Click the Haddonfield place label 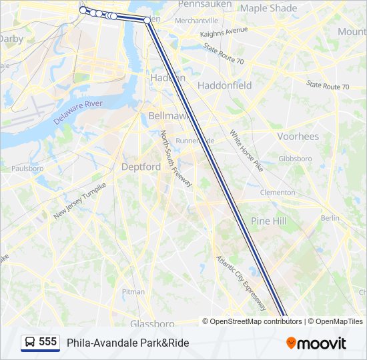[225, 85]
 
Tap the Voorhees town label [298, 136]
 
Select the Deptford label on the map [141, 167]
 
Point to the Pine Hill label [269, 220]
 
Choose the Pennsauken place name [205, 4]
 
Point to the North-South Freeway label [176, 159]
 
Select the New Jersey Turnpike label [80, 200]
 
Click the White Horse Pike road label [246, 151]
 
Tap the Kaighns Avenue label [224, 31]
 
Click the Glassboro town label [152, 323]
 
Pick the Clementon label [278, 192]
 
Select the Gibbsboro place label [295, 159]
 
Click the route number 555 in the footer [47, 342]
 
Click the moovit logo [316, 343]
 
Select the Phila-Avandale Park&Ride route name [127, 343]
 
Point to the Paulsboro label [27, 169]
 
